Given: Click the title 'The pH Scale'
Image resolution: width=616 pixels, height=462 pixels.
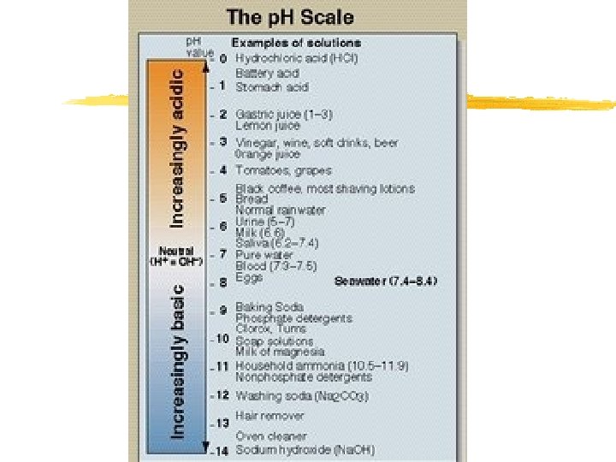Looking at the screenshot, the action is click(x=289, y=16).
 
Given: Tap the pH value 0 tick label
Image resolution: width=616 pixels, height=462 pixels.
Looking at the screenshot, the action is click(x=222, y=58).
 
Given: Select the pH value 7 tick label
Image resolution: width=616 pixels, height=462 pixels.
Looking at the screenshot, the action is click(x=222, y=254).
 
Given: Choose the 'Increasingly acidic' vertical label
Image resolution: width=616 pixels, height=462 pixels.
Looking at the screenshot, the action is click(x=176, y=148).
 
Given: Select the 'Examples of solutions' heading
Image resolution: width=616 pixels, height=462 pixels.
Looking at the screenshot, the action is click(x=296, y=43).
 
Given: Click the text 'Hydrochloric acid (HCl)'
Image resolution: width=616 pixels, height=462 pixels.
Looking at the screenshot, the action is click(x=296, y=58).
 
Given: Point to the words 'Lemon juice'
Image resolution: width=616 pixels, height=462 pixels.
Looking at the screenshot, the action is click(x=268, y=125).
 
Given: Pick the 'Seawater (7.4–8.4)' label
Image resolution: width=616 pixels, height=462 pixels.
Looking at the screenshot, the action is click(x=386, y=281).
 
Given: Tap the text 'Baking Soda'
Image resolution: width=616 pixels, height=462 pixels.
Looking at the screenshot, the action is click(x=269, y=307).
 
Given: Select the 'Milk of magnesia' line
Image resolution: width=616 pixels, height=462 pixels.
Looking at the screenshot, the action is click(x=280, y=351).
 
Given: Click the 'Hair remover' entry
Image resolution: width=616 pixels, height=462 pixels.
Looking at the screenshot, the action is click(x=269, y=416).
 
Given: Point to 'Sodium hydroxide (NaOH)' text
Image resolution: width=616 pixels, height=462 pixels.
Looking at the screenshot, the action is click(x=305, y=450).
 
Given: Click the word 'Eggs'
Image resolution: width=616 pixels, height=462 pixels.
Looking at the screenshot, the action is click(x=249, y=277).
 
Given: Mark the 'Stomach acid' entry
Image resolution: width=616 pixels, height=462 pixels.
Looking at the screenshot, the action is click(x=272, y=86).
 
